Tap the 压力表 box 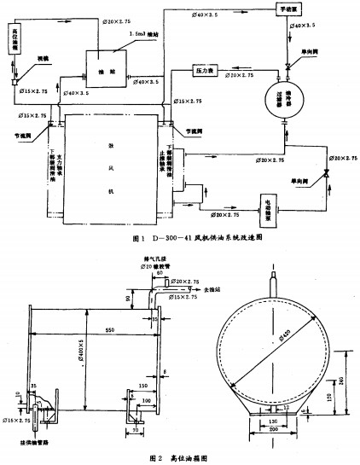coord(207,70)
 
